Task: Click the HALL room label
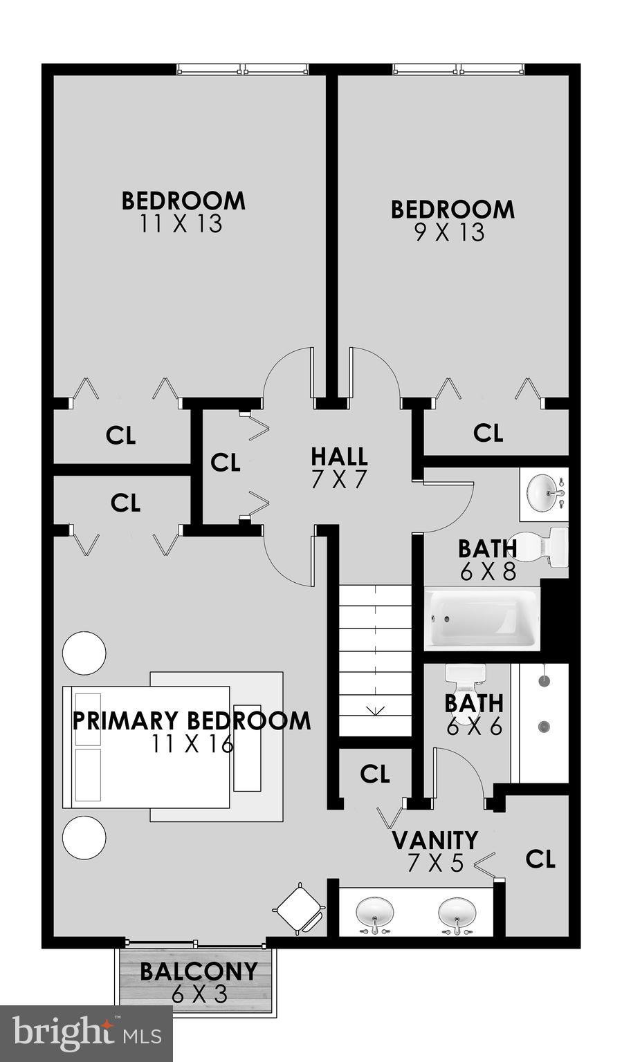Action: [x=338, y=457]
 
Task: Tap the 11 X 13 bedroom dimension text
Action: [x=181, y=224]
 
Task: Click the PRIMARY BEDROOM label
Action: [x=192, y=720]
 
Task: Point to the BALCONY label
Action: [x=199, y=971]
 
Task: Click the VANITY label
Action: [x=435, y=840]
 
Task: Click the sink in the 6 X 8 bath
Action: [x=544, y=494]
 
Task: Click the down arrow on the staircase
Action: [x=376, y=709]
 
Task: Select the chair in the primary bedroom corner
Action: [x=299, y=908]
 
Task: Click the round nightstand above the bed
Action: [x=84, y=653]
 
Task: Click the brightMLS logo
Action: [x=86, y=1034]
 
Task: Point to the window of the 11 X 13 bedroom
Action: [x=241, y=69]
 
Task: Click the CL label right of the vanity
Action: [x=540, y=859]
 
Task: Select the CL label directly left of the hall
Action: [x=225, y=463]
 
